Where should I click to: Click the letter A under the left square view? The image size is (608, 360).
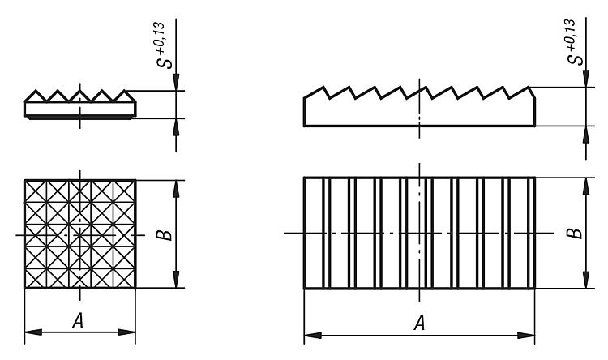(x=78, y=321)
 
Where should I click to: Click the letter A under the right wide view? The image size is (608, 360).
(x=420, y=323)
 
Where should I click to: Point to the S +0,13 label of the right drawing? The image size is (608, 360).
(x=574, y=42)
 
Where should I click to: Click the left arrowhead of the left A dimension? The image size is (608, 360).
(x=33, y=332)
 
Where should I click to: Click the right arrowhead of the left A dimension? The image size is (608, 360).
(x=126, y=332)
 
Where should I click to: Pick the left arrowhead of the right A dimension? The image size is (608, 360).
(x=313, y=335)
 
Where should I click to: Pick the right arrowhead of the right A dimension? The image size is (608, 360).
(x=526, y=335)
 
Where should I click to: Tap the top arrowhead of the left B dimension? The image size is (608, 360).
(x=176, y=189)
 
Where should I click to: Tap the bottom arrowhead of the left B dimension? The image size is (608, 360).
(x=176, y=279)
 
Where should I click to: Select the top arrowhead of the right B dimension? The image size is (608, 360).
(x=586, y=186)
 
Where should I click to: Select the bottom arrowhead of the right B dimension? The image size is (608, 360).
(x=586, y=280)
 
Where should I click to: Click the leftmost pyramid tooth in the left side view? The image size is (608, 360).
(x=36, y=96)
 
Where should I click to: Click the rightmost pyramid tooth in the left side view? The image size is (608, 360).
(x=125, y=96)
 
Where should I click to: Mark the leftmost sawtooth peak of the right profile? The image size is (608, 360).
(x=323, y=87)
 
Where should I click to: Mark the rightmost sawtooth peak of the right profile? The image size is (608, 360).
(x=529, y=88)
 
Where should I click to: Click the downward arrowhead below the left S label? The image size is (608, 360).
(x=176, y=82)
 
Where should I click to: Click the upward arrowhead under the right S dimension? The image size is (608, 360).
(x=586, y=135)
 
